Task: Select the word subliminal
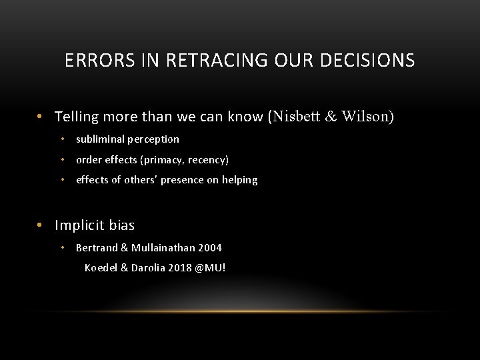pos(101,139)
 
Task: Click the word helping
pos(238,180)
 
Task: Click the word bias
pos(121,225)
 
